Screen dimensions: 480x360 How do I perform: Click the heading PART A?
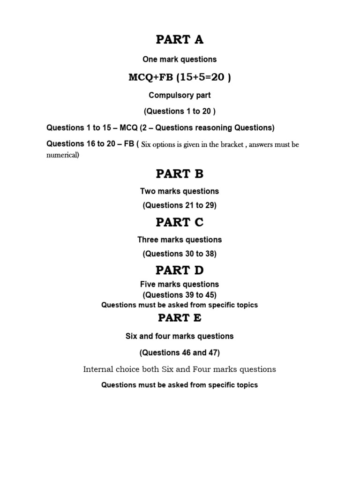[180, 40]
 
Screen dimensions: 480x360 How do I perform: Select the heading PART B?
[180, 174]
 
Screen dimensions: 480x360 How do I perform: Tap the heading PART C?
[180, 223]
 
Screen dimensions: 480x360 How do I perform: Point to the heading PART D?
[180, 270]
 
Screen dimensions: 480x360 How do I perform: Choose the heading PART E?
[180, 318]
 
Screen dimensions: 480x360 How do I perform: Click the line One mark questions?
[180, 60]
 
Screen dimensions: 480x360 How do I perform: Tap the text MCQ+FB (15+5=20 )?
[180, 77]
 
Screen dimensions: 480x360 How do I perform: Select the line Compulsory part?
[180, 95]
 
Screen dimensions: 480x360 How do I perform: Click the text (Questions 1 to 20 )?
[180, 111]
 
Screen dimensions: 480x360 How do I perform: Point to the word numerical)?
[63, 155]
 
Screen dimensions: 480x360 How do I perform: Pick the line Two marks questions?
[180, 191]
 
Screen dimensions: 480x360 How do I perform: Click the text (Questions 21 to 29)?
[180, 205]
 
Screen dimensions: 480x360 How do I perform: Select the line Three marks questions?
[180, 240]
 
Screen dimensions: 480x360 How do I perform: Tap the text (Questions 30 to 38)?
[180, 254]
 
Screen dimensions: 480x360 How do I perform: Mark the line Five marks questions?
[180, 284]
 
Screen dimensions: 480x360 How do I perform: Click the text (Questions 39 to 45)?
[180, 295]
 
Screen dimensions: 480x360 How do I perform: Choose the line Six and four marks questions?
[180, 336]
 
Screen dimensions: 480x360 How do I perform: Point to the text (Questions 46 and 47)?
[180, 352]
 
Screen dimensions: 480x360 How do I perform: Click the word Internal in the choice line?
[98, 369]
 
